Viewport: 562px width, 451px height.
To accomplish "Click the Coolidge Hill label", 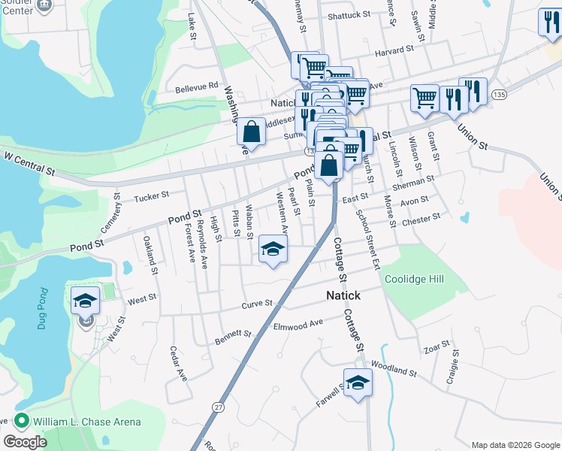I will point(414,279).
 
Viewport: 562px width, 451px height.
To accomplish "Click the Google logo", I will point(25,442).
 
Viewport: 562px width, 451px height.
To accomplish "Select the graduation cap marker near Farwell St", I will point(358,383).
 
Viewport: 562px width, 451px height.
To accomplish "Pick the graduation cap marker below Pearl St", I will point(273,249).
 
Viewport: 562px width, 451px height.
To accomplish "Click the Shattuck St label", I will point(349,14).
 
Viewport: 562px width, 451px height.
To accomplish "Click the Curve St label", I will point(257,305).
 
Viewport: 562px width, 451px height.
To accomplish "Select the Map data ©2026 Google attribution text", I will point(515,445).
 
